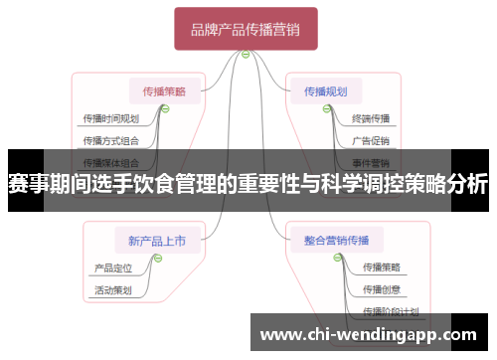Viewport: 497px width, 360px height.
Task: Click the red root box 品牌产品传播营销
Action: tap(246, 29)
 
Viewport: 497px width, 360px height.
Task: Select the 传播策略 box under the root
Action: tap(165, 91)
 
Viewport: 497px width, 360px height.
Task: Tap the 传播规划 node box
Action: tap(325, 91)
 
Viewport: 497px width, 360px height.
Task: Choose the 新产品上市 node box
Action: tap(156, 240)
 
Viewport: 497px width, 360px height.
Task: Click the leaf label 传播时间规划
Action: tap(110, 118)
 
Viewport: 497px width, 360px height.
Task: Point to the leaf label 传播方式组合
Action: tap(110, 140)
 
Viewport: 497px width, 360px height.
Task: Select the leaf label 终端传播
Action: tap(371, 118)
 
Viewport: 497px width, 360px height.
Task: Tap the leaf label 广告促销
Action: tap(371, 140)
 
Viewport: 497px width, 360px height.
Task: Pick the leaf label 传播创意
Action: tap(382, 289)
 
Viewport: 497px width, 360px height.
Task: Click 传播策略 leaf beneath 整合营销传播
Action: tap(382, 268)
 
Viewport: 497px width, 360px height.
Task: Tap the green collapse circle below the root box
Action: tap(246, 54)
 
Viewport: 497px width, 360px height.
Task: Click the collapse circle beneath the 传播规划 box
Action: tap(326, 108)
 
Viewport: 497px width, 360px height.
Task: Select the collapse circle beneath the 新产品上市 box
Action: tap(157, 257)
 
